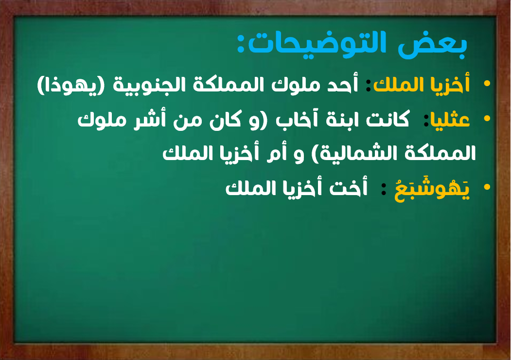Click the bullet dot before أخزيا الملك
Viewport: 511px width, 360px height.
click(x=487, y=84)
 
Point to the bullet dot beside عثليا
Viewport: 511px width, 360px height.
click(x=487, y=118)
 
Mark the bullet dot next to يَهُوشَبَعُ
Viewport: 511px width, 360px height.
click(x=487, y=187)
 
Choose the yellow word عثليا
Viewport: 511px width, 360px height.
click(x=450, y=120)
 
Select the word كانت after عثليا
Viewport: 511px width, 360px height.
click(x=388, y=119)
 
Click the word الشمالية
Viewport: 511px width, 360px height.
click(x=358, y=153)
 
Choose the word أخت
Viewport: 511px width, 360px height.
click(x=348, y=188)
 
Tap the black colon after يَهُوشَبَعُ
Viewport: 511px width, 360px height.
click(x=385, y=189)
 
